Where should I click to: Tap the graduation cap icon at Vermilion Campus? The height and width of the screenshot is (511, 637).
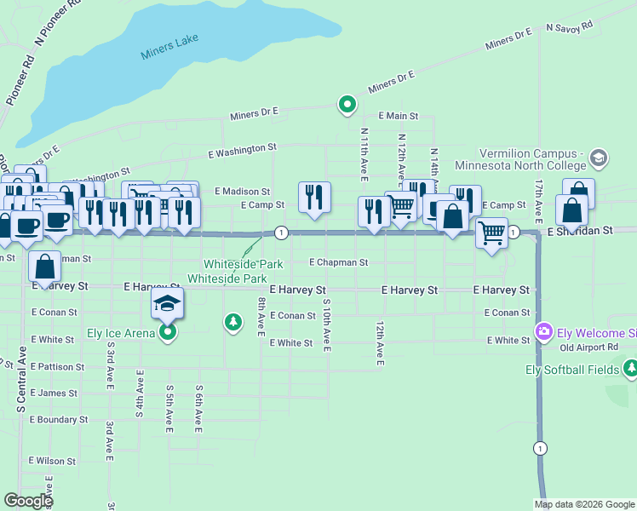pyautogui.click(x=598, y=158)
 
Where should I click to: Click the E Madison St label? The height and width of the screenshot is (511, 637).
pyautogui.click(x=242, y=192)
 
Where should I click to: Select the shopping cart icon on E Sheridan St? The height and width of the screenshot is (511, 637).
pyautogui.click(x=491, y=232)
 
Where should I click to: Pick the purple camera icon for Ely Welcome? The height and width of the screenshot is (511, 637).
pyautogui.click(x=542, y=330)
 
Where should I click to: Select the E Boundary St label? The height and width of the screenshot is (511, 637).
pyautogui.click(x=59, y=420)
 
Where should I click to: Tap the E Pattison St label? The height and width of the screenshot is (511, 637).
pyautogui.click(x=56, y=367)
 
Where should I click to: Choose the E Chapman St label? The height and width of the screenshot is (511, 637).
pyautogui.click(x=338, y=262)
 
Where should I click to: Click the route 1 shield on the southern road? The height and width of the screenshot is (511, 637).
pyautogui.click(x=539, y=448)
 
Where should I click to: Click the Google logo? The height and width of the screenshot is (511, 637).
pyautogui.click(x=28, y=501)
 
